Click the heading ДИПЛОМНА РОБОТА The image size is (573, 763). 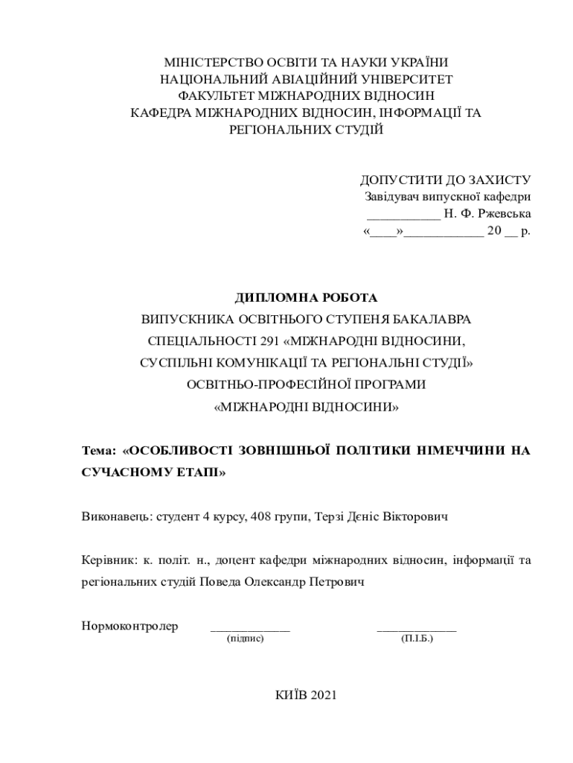coord(307,298)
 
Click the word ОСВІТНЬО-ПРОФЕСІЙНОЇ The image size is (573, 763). coord(265,385)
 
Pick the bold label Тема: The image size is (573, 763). coord(99,451)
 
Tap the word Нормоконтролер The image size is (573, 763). coord(129,626)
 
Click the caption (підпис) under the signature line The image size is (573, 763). coord(246,639)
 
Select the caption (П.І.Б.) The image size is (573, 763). coord(417,639)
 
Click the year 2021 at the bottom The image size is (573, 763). coord(324,695)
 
